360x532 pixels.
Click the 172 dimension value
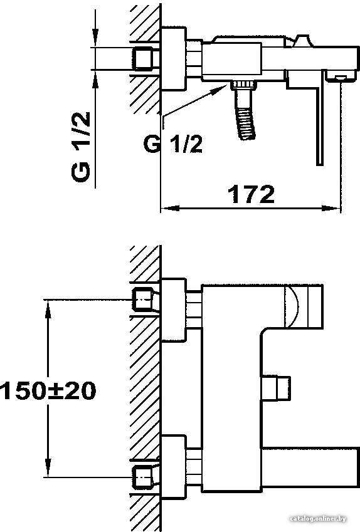click(251, 194)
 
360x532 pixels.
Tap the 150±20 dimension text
click(48, 390)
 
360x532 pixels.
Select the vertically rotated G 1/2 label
click(81, 147)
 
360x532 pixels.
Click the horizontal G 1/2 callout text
click(173, 144)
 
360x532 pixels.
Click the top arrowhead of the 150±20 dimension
click(48, 309)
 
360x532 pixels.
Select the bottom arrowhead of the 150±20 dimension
click(48, 468)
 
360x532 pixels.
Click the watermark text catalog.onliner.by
click(318, 518)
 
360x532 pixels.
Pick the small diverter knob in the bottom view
click(276, 388)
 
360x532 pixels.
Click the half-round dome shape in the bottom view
click(292, 306)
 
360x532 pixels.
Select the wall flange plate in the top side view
click(174, 58)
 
